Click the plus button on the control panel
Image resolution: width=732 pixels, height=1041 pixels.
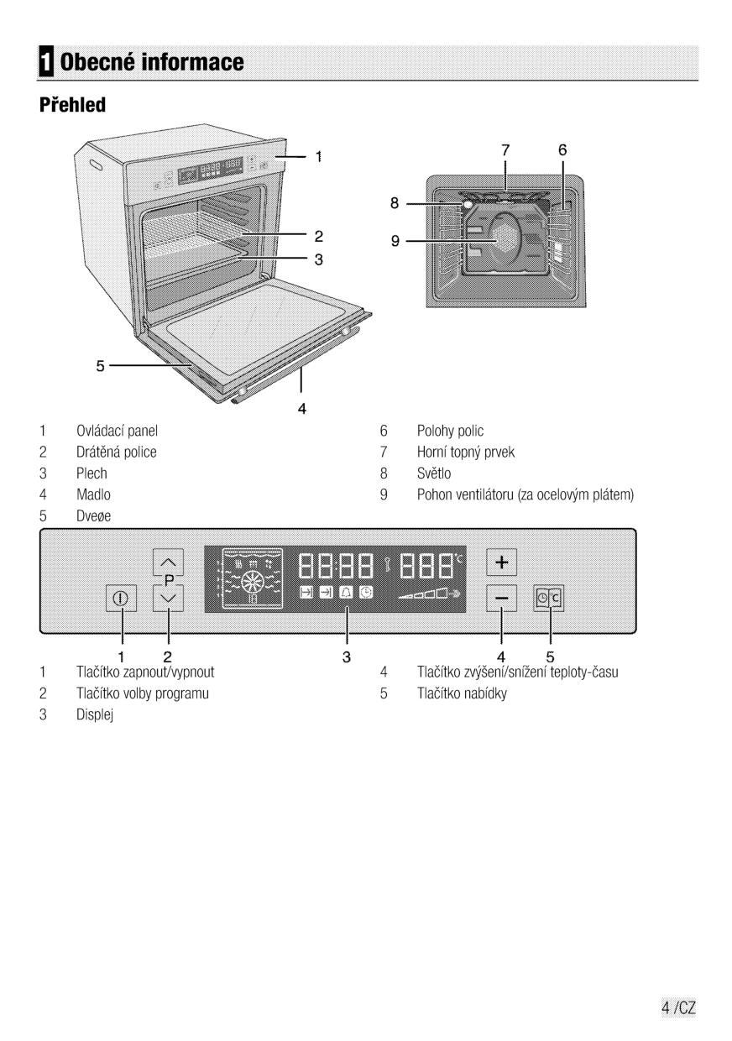tap(502, 560)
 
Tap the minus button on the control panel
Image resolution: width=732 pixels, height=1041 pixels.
tap(502, 599)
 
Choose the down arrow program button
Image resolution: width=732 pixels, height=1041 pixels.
tap(169, 599)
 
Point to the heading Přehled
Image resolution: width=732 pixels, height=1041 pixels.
tap(71, 107)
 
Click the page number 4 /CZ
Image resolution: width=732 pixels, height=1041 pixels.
tap(679, 1008)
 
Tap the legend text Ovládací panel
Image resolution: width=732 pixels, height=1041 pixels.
tap(118, 432)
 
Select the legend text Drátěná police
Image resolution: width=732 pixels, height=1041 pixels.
tap(117, 452)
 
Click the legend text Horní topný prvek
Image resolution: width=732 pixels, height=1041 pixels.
tap(466, 452)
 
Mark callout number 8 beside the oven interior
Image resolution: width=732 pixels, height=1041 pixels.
tap(395, 202)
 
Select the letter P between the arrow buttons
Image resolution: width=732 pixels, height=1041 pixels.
tap(169, 579)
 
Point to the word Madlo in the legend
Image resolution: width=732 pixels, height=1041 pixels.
tap(93, 495)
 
